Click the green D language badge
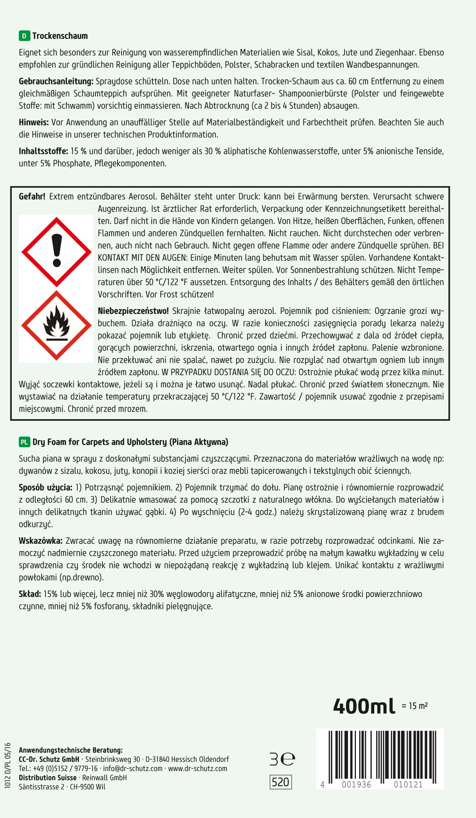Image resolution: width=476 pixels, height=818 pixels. [24, 36]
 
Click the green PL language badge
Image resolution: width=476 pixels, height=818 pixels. [24, 442]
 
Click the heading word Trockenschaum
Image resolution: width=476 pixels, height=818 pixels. [60, 36]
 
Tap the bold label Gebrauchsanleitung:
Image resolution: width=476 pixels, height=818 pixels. [56, 82]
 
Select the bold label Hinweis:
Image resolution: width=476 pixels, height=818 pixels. [34, 122]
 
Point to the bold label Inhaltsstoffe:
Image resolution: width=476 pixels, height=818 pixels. [43, 151]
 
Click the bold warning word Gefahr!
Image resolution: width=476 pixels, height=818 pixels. [32, 196]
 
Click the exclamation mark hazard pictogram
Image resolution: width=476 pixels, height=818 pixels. [57, 252]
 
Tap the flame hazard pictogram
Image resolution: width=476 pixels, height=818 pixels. [57, 325]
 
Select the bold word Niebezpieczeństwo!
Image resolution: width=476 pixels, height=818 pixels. [133, 311]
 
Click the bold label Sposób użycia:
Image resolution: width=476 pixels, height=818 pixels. [45, 488]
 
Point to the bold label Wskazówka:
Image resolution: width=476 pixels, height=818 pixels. [40, 541]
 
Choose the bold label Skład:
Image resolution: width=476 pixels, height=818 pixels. [30, 594]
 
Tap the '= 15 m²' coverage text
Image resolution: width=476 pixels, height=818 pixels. [415, 706]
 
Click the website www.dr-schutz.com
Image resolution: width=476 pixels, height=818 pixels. [198, 768]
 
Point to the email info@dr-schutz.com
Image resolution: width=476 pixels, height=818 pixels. [133, 768]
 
